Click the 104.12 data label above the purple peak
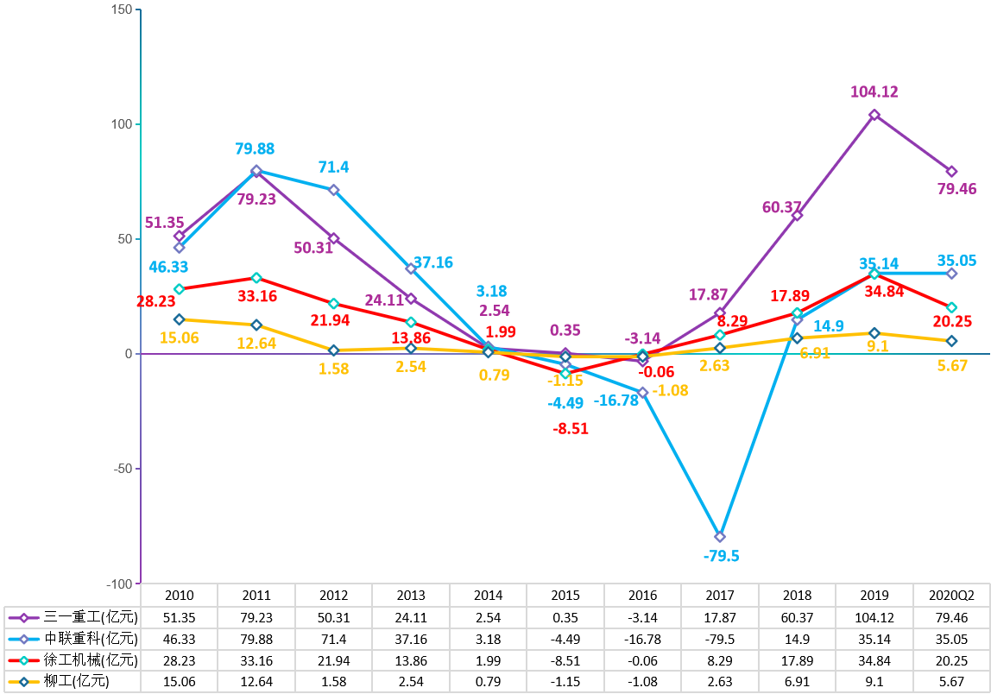[874, 92]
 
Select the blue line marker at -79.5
[720, 537]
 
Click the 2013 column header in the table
[411, 596]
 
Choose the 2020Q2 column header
[951, 596]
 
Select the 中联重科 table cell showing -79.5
[720, 638]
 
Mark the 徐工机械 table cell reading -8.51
[565, 659]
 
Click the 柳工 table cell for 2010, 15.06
[179, 681]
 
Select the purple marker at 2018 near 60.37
[797, 215]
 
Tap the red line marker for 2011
[256, 278]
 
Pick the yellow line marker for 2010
[179, 319]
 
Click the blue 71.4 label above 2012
[333, 167]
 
